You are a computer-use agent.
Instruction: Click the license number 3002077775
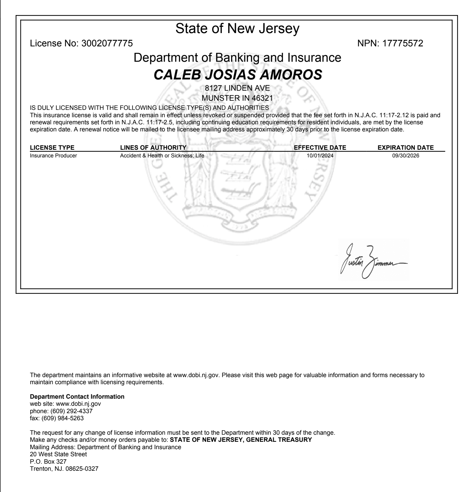point(107,43)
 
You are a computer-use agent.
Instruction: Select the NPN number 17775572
point(403,43)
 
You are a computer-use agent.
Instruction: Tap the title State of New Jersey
point(237,28)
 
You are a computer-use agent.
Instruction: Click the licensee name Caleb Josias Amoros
point(238,74)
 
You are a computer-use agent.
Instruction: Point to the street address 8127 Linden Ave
point(237,88)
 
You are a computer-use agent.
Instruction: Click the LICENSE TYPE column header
point(52,148)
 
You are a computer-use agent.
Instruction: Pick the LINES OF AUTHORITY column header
point(153,148)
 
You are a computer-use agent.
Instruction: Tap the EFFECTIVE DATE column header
point(320,148)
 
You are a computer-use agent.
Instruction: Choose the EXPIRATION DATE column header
point(406,148)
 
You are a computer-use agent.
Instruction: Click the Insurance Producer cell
point(53,156)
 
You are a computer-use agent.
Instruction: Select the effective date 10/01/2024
point(320,156)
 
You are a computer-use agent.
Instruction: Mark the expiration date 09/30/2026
point(406,156)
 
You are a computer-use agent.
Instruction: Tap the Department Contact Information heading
point(77,397)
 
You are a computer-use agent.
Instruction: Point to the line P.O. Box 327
point(48,461)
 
